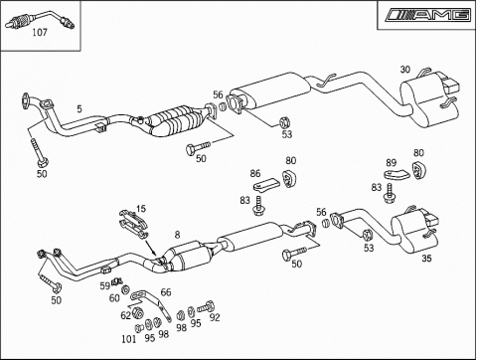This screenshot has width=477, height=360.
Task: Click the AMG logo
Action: click(x=428, y=15)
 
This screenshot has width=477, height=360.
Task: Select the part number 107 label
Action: click(x=40, y=33)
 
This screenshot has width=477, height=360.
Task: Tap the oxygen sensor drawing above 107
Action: click(x=40, y=20)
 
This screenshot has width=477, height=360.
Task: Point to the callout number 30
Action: click(x=405, y=70)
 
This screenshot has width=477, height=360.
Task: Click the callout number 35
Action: click(x=426, y=258)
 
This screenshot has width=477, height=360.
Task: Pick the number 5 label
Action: click(x=79, y=108)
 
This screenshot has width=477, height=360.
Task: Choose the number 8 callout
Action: click(x=178, y=235)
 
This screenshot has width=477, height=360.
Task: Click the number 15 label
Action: click(x=141, y=209)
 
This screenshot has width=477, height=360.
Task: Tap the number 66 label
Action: click(x=166, y=292)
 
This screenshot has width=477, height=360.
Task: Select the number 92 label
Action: click(x=215, y=317)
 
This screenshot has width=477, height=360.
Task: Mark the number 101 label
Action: click(x=129, y=339)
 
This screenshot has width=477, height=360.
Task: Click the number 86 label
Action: click(x=255, y=173)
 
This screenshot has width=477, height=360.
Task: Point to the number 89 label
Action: click(x=392, y=163)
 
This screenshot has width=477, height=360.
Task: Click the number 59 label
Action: click(x=105, y=285)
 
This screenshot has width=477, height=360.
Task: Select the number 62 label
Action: click(x=125, y=315)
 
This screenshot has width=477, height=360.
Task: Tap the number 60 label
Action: click(x=114, y=298)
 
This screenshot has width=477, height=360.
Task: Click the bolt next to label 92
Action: click(x=206, y=306)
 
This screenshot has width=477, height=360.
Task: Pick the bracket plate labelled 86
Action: click(x=267, y=184)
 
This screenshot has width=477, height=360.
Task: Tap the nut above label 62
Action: click(x=137, y=312)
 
